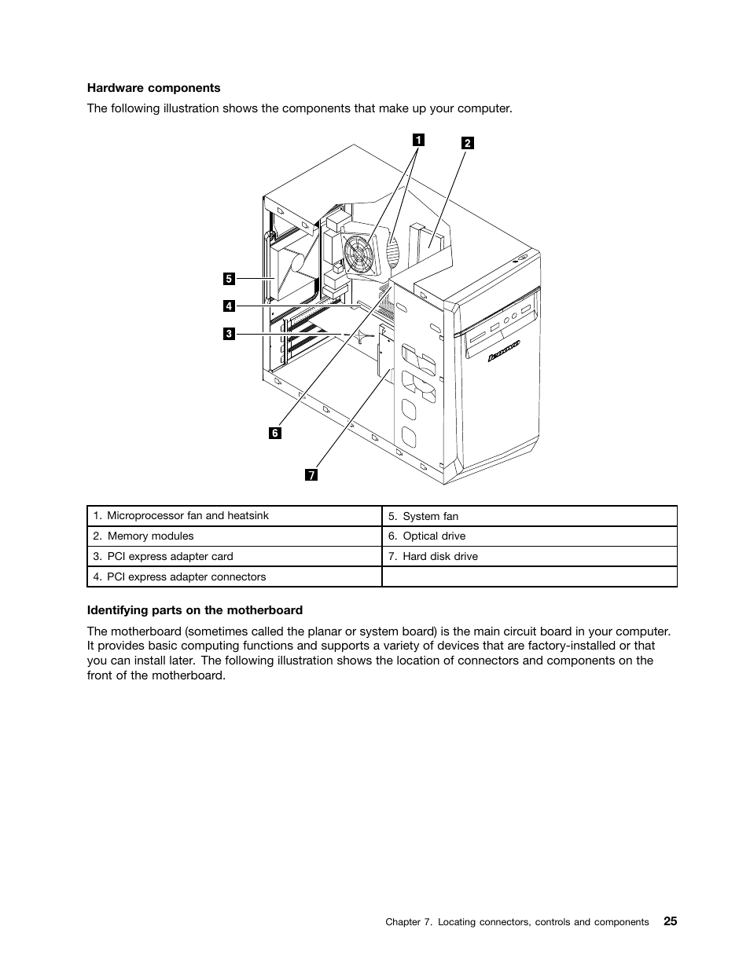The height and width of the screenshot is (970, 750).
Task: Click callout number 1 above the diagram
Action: pos(419,140)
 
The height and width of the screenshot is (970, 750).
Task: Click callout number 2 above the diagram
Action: pos(467,143)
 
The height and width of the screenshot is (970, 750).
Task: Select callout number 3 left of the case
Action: pos(229,334)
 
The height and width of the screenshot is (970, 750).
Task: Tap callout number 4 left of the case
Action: pos(229,306)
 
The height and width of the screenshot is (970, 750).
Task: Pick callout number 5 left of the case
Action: pos(229,278)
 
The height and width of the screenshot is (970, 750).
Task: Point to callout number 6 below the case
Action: pos(275,433)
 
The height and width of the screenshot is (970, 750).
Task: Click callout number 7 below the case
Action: pos(312,475)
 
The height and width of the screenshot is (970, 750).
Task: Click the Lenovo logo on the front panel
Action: pos(505,351)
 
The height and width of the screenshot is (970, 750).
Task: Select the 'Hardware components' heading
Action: pos(153,88)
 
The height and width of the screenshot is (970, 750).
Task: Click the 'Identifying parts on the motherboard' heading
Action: pos(194,610)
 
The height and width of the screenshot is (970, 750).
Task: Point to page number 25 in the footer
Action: pos(669,921)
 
